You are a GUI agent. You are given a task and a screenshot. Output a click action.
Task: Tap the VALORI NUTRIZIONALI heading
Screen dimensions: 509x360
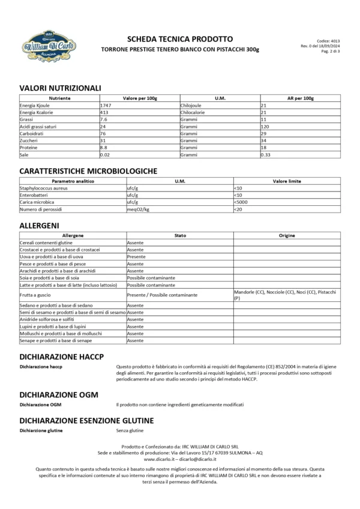[x=59, y=88]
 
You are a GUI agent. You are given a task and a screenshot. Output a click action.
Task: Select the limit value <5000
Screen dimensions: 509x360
[x=242, y=202]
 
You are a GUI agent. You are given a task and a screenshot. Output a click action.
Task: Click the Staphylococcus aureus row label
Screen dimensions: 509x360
[x=43, y=188]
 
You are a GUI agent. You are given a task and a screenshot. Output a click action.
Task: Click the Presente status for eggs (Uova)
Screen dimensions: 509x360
[x=136, y=256]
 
